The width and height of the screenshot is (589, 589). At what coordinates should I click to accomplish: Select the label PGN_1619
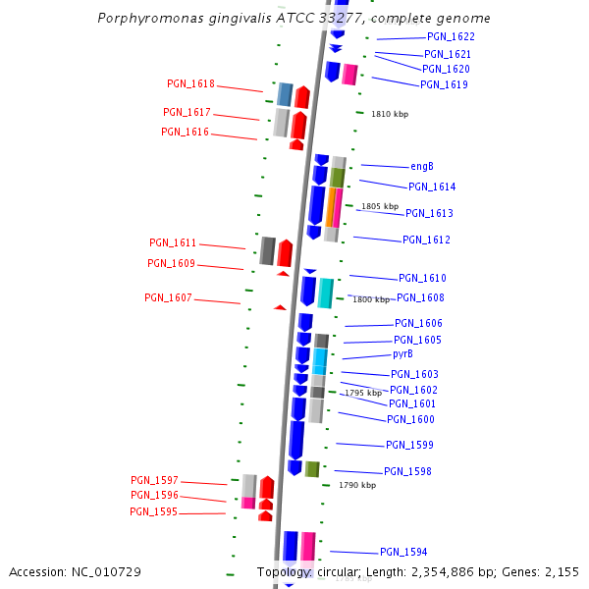[444, 84]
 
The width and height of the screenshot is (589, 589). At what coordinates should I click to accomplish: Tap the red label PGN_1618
[190, 84]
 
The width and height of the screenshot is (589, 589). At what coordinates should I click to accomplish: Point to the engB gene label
[422, 167]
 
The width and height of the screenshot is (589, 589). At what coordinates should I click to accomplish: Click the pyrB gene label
[402, 353]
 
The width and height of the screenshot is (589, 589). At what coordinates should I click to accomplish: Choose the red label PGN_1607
[168, 297]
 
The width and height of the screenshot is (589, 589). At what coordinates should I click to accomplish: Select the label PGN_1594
[403, 552]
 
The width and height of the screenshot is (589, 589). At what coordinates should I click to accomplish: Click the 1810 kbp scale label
[390, 114]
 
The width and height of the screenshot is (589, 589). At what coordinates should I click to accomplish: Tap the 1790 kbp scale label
[357, 485]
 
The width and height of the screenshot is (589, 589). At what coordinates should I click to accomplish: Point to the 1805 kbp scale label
[380, 206]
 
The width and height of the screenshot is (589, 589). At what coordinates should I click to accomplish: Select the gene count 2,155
[560, 571]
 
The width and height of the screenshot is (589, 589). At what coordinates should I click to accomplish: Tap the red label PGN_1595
[153, 511]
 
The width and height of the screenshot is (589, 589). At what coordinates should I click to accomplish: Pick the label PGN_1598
[407, 471]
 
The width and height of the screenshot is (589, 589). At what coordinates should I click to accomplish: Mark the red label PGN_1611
[173, 242]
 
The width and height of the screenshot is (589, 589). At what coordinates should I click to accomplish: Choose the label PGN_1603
[414, 374]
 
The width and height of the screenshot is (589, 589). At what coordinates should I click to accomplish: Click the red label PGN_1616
[185, 132]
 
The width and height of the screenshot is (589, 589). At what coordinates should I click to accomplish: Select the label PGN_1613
[429, 213]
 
